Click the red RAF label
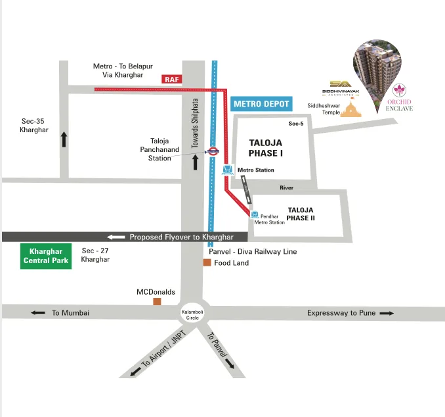coord(171,79)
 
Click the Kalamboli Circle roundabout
coord(192,314)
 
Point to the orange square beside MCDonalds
coord(157,301)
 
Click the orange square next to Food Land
coord(207,262)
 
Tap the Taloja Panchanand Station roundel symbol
coord(212,151)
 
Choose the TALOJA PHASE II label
coord(302,213)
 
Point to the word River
coord(286,187)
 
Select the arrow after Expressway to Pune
coord(387,313)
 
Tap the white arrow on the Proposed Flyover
coord(116,237)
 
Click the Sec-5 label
coord(296,124)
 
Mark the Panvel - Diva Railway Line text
coord(253,251)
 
